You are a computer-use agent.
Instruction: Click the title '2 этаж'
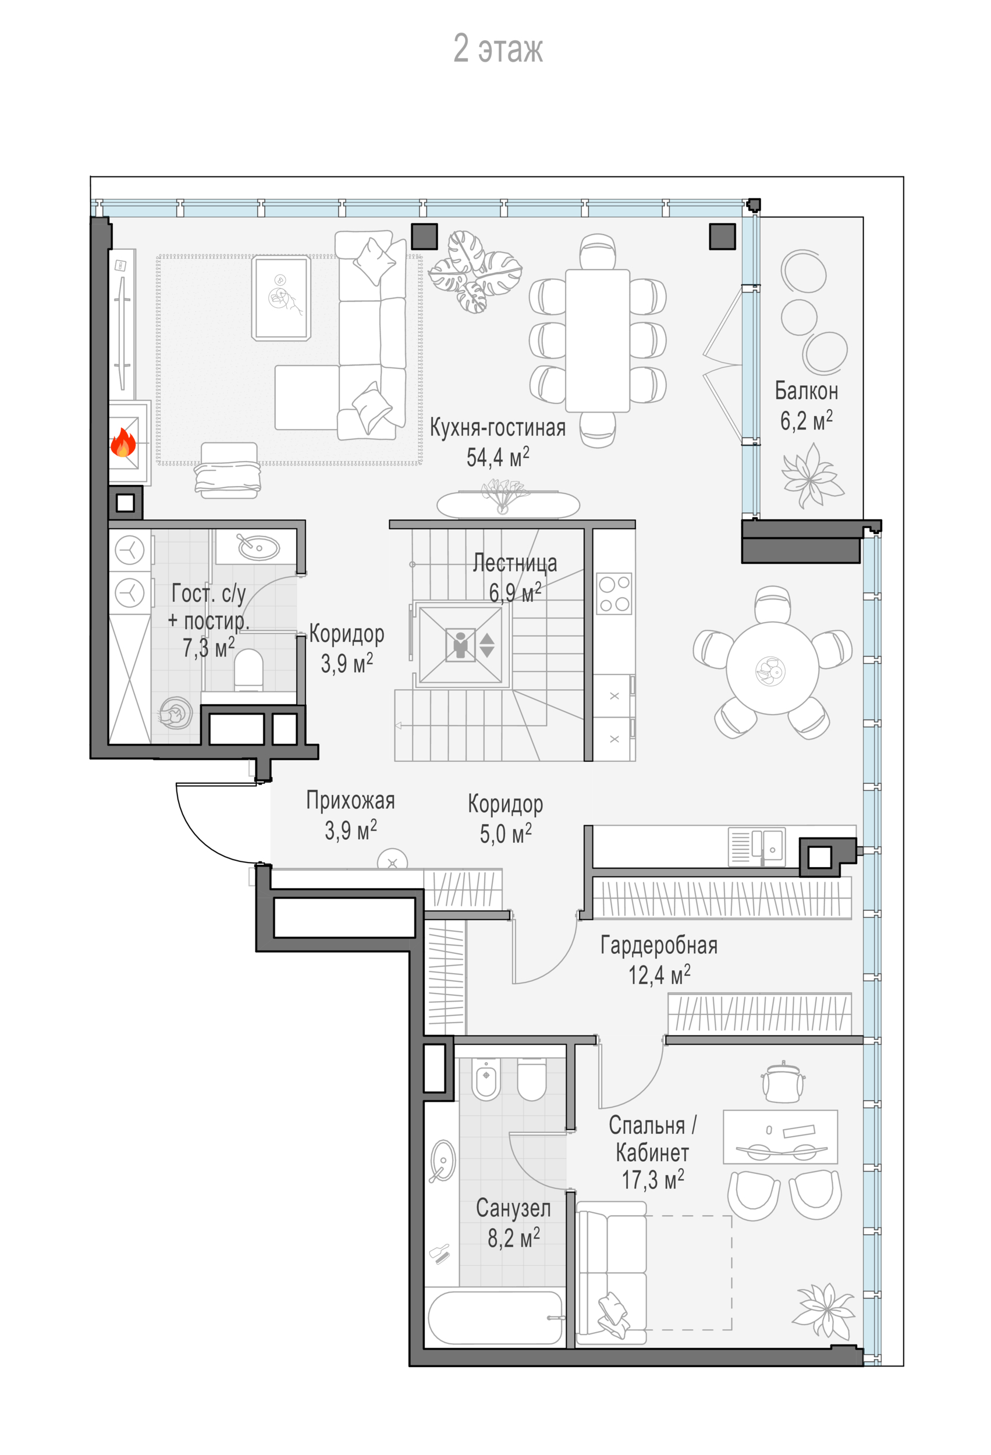497,49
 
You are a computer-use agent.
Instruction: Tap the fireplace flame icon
123,443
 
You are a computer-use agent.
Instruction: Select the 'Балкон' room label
806,391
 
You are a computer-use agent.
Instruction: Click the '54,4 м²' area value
497,457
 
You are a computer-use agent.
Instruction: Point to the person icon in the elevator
461,645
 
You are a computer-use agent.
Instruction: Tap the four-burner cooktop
613,594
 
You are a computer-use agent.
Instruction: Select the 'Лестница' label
514,563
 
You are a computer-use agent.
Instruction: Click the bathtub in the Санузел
494,1316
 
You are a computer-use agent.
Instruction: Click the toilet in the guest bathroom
248,669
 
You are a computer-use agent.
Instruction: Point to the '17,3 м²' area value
652,1180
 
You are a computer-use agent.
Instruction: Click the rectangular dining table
597,340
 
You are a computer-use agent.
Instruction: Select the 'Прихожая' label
350,801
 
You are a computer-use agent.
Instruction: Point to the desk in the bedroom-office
780,1137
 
